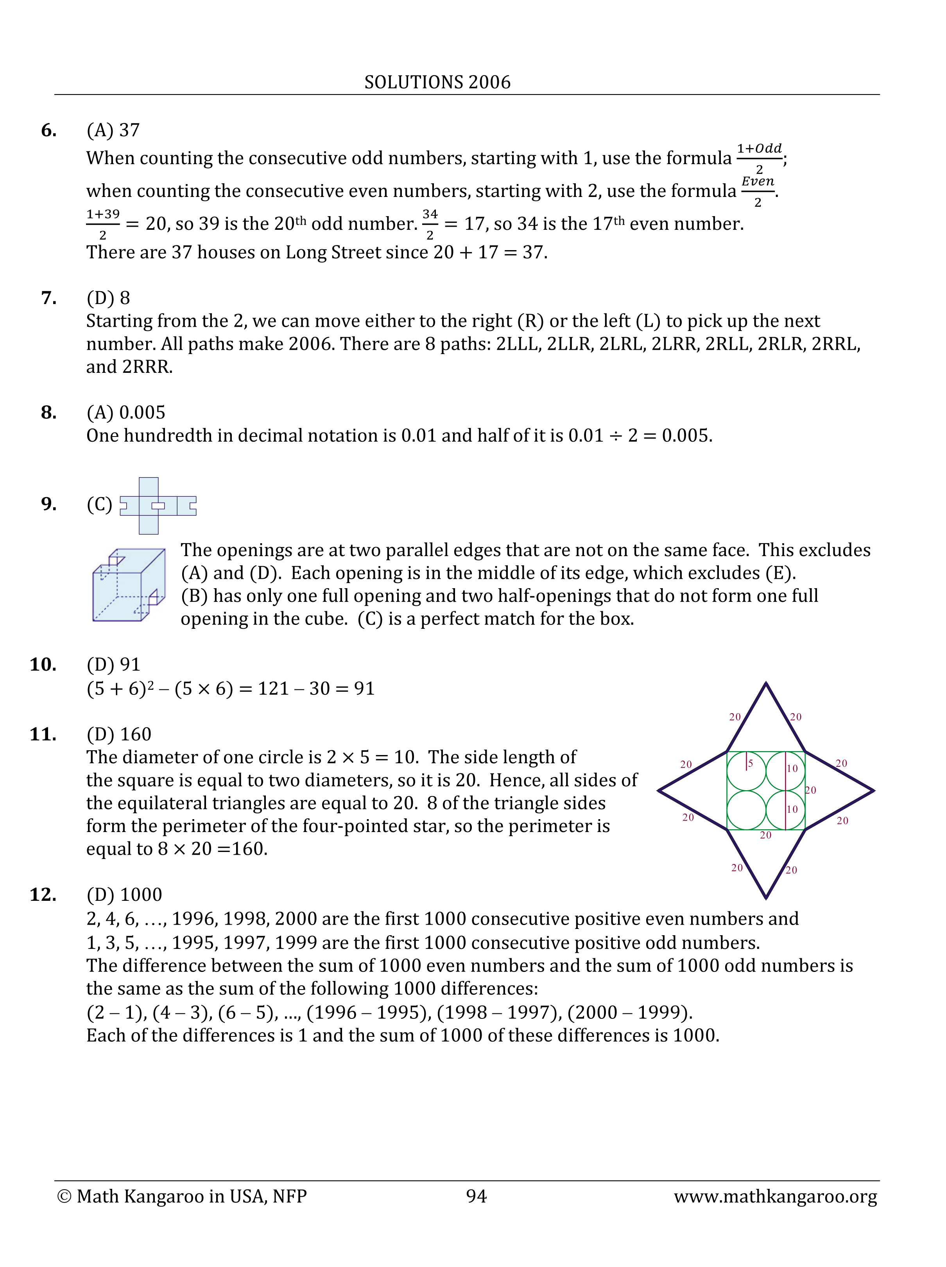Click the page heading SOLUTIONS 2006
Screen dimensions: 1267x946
pos(437,82)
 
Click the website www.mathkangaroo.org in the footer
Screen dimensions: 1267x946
pos(775,1196)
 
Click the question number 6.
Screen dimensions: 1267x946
pos(49,131)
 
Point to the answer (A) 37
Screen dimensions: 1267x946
pos(113,131)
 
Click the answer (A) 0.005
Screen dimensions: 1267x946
pos(125,412)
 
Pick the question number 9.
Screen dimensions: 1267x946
pos(49,504)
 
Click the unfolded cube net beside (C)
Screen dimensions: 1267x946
pos(158,506)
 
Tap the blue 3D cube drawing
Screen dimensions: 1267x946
pos(128,585)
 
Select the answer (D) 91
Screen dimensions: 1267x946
pos(113,664)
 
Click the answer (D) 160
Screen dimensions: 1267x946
pos(118,734)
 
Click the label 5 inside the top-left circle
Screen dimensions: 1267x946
pos(750,763)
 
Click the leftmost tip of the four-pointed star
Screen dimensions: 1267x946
pos(659,791)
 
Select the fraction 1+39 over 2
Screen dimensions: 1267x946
pos(103,224)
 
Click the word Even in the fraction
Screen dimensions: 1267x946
pos(757,181)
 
